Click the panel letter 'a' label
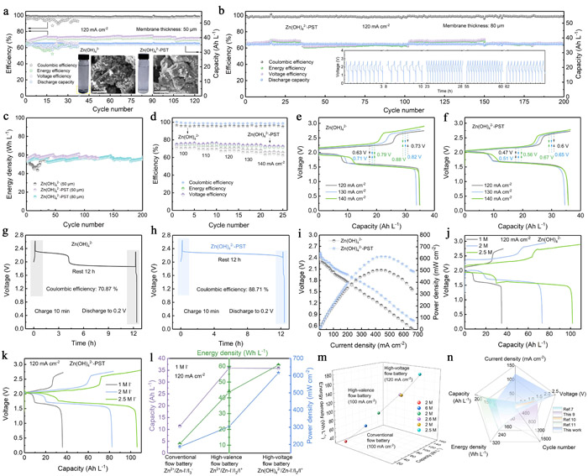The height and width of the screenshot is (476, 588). coord(7,8)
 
